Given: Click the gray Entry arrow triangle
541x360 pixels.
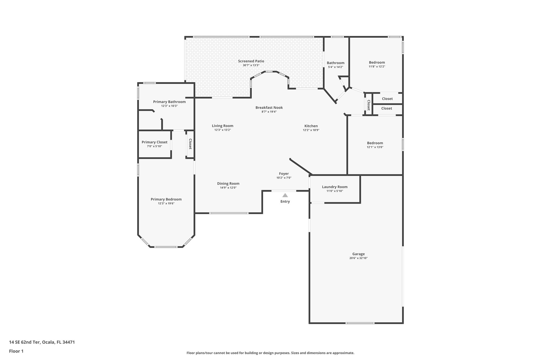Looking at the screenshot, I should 285,195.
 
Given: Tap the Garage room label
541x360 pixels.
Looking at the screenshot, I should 358,254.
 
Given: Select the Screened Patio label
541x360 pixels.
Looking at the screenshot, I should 251,61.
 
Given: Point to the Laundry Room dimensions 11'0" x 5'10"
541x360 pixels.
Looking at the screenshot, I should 335,191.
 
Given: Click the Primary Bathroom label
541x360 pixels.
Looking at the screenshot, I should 169,102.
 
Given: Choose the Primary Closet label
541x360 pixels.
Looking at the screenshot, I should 155,142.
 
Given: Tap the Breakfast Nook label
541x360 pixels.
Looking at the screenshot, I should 269,108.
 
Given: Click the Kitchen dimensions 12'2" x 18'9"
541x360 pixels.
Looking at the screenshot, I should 311,130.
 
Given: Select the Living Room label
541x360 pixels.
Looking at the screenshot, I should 222,126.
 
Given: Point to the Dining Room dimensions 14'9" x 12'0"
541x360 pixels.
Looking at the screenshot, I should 228,188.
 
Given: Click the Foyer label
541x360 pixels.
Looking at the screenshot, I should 284,174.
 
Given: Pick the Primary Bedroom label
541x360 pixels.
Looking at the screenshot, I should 166,199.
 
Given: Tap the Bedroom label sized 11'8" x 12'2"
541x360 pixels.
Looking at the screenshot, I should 377,63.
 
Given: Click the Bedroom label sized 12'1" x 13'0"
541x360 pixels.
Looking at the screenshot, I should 375,143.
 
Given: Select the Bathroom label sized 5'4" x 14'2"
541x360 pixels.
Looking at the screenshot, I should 335,63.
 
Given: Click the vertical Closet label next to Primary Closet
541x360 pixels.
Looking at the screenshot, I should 190,144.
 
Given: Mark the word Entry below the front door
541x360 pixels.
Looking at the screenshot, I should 285,201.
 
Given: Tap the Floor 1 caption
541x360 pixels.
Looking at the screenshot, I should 16,351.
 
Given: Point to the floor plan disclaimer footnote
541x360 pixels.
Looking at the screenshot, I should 270,353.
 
